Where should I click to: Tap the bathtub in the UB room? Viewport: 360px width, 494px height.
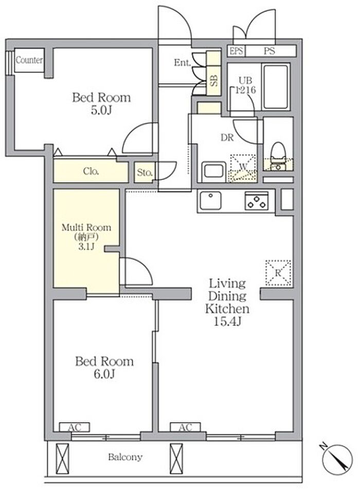[x=276, y=87]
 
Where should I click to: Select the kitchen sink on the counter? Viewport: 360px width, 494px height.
[x=210, y=200]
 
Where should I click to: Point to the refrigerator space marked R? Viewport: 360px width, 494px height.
[x=278, y=273]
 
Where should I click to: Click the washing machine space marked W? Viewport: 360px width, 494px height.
[x=243, y=168]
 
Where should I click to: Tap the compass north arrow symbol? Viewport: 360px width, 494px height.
[x=337, y=459]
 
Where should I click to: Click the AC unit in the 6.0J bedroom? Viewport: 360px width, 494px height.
[x=75, y=428]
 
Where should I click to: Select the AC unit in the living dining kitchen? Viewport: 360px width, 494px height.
[x=185, y=428]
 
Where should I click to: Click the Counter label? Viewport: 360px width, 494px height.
[x=29, y=60]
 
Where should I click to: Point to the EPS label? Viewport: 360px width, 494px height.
[x=236, y=51]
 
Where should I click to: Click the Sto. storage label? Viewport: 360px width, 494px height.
[x=145, y=172]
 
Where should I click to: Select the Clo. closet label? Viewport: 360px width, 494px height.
[x=91, y=171]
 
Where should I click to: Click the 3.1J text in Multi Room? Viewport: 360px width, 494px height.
[x=86, y=246]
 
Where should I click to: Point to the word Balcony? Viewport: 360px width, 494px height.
[x=125, y=457]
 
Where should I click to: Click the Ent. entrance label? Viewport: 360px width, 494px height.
[x=183, y=63]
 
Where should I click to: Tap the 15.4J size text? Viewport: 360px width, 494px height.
[x=227, y=321]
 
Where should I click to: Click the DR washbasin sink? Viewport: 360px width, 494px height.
[x=214, y=171]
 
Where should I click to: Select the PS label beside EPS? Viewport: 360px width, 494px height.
[x=269, y=51]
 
